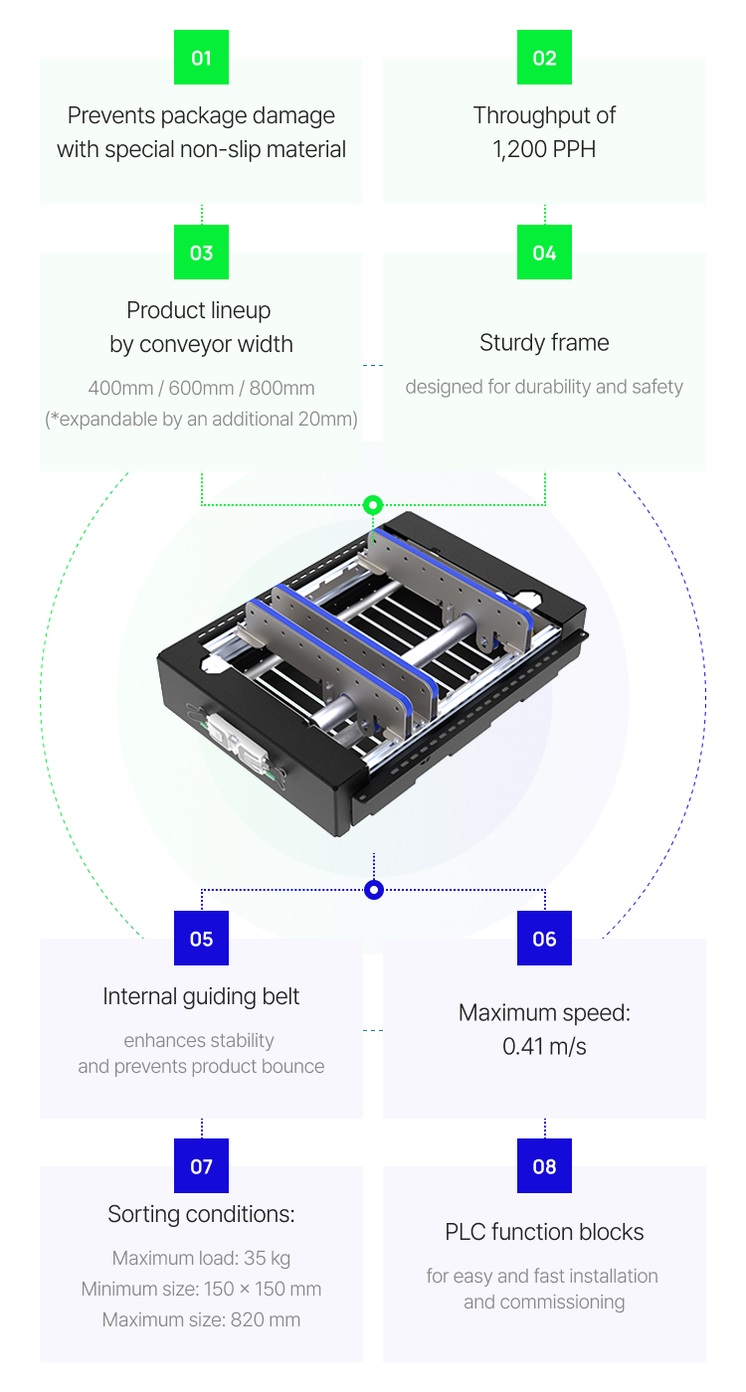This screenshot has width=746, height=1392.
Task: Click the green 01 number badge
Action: click(x=201, y=58)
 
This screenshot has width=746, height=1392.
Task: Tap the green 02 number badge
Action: click(x=544, y=58)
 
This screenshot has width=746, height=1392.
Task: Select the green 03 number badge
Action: click(x=201, y=253)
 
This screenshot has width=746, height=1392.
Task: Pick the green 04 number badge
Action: click(x=544, y=253)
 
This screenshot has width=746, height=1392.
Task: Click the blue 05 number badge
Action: click(x=201, y=939)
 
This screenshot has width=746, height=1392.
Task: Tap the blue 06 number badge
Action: click(x=544, y=939)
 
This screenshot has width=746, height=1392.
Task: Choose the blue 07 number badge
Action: click(x=201, y=1166)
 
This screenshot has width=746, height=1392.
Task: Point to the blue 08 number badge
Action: click(x=544, y=1166)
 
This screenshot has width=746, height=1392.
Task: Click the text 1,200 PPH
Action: click(x=544, y=149)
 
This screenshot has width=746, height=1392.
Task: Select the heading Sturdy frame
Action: click(x=544, y=343)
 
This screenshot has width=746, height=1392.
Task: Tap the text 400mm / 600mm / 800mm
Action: click(x=201, y=389)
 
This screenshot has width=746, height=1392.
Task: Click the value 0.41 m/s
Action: click(x=544, y=1046)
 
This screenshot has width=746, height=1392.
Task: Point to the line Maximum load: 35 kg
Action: click(x=201, y=1258)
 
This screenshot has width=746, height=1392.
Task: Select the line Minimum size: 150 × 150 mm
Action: click(x=201, y=1290)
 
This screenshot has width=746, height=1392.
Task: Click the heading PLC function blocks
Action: click(x=544, y=1232)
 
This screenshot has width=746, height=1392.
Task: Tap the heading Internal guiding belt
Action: click(x=201, y=996)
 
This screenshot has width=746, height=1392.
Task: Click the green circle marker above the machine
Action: click(x=373, y=505)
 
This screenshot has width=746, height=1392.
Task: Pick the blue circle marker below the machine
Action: click(x=374, y=890)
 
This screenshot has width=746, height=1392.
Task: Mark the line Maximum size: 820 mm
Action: click(x=201, y=1320)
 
